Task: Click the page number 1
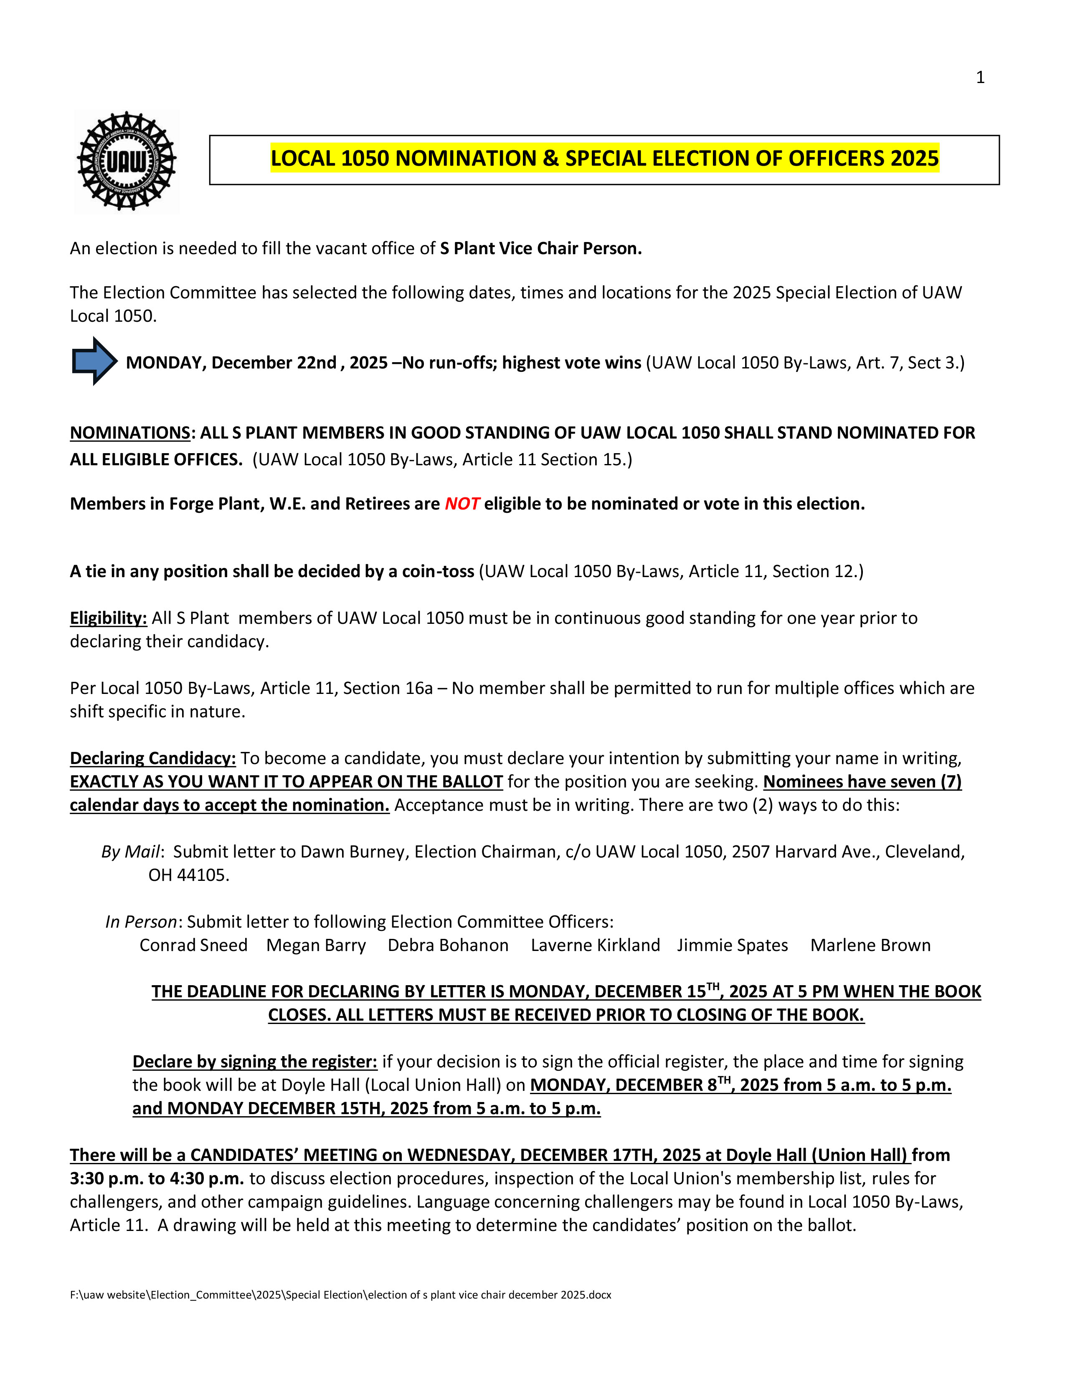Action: point(980,78)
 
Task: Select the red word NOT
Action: point(462,504)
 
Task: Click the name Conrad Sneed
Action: point(193,945)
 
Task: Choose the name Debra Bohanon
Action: point(448,945)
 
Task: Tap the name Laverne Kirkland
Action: point(595,945)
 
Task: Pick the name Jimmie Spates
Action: point(733,945)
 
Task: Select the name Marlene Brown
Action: point(870,945)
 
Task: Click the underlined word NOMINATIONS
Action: point(130,433)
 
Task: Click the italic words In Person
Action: point(141,922)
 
